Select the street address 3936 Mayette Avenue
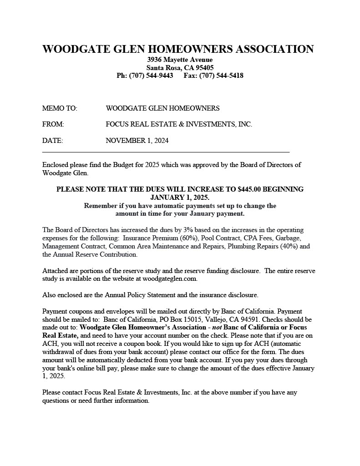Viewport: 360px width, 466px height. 180,60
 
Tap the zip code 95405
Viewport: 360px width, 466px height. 205,68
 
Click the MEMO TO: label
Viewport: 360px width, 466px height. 60,108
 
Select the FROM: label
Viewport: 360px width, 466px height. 53,124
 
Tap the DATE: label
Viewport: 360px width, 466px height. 52,141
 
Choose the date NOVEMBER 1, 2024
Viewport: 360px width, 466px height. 137,141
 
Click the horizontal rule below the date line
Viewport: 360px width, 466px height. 166,152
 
